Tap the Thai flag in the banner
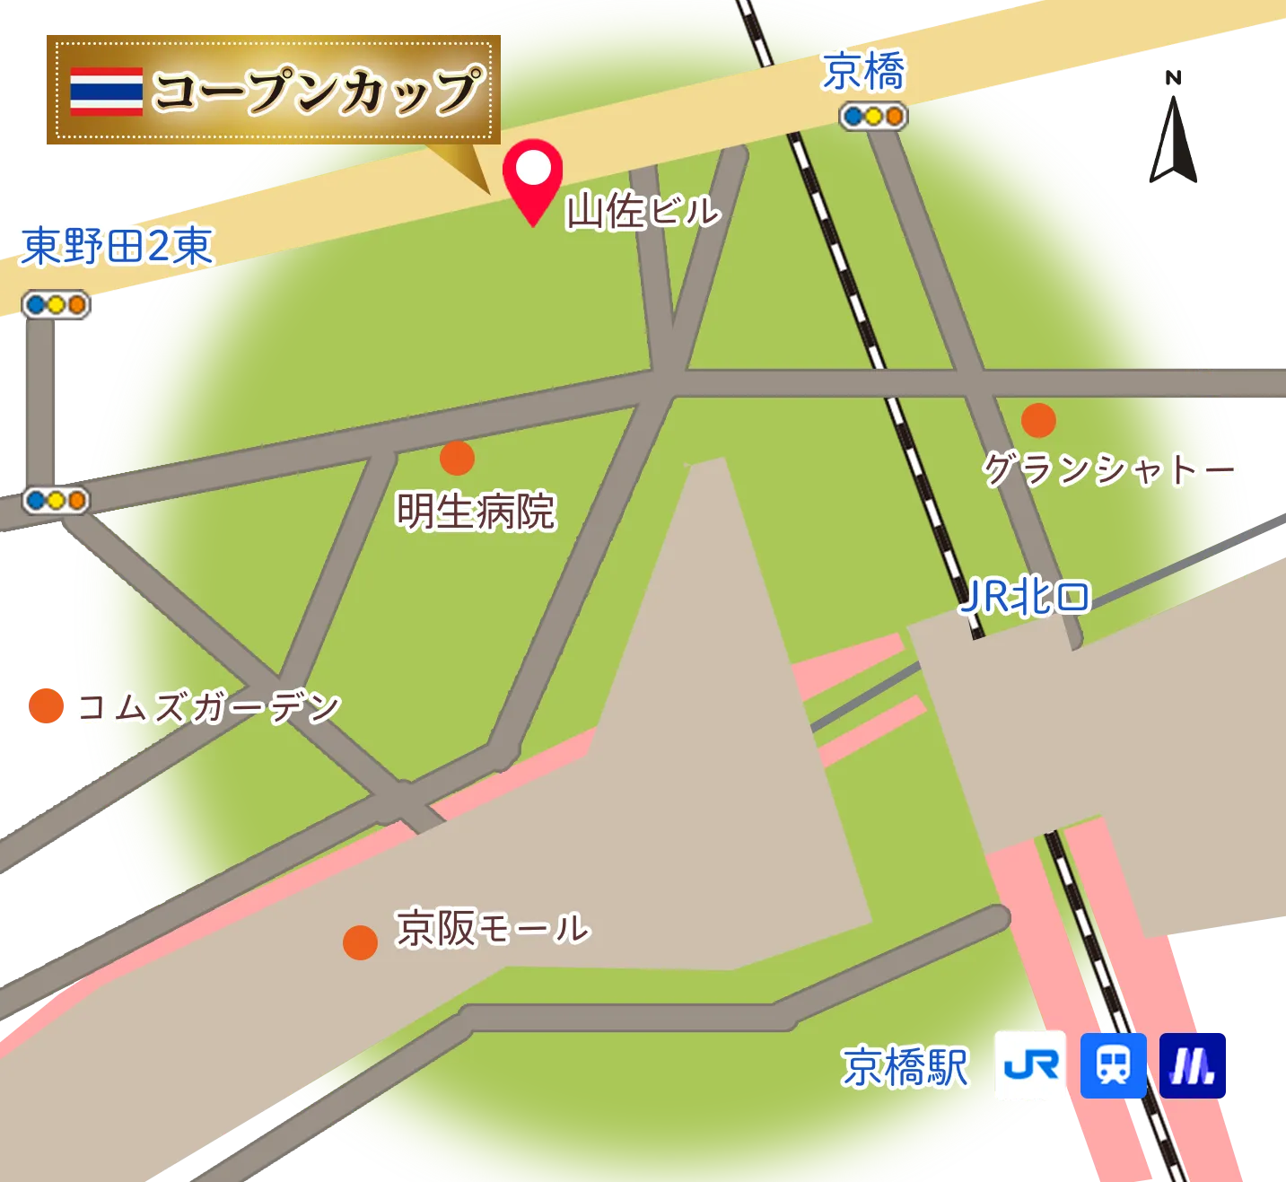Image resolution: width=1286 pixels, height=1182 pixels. click(x=107, y=92)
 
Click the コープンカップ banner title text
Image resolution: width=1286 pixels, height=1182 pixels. click(x=317, y=91)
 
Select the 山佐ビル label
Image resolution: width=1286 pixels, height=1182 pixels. click(x=643, y=212)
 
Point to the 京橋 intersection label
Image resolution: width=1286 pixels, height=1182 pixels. click(x=864, y=72)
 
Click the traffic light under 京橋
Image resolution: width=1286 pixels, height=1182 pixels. click(x=874, y=117)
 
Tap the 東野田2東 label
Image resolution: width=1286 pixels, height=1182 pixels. click(x=117, y=246)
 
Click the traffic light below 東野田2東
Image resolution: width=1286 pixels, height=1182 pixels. click(x=57, y=305)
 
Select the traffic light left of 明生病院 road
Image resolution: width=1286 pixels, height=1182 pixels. click(x=57, y=499)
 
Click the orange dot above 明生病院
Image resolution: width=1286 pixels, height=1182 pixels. click(x=457, y=458)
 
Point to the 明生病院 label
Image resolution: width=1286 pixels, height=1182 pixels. click(x=477, y=511)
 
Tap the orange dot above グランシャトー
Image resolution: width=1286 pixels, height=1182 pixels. click(x=1038, y=419)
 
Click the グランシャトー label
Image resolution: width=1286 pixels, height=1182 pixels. click(x=1109, y=468)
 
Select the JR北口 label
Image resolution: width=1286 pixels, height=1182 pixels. click(x=1025, y=597)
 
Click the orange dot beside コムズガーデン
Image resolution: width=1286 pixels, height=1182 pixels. click(x=46, y=705)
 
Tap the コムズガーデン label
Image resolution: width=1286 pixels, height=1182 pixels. click(x=207, y=708)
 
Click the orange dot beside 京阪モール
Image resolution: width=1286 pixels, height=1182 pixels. click(x=360, y=942)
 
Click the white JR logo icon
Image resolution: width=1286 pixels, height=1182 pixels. click(x=1031, y=1066)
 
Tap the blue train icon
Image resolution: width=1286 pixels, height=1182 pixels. click(x=1113, y=1066)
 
